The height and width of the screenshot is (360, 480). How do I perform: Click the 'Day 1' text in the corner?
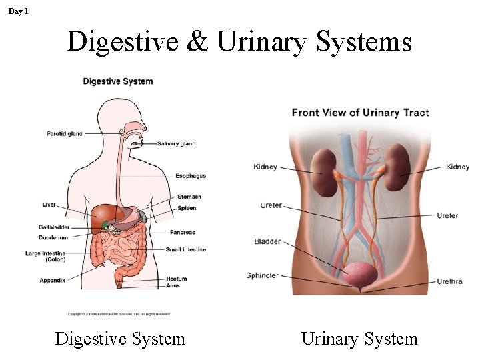tap(19, 11)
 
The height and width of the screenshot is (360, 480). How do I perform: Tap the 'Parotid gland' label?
tap(65, 134)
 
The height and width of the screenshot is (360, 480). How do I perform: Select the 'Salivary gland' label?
tap(177, 144)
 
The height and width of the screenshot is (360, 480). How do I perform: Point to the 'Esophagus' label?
tap(190, 176)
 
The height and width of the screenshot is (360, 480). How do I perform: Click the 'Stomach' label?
tap(189, 197)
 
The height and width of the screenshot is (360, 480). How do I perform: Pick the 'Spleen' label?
tap(187, 209)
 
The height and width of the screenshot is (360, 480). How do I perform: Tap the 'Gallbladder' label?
tap(54, 228)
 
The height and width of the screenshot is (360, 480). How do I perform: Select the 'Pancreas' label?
tap(182, 233)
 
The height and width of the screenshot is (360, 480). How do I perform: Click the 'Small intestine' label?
tap(185, 249)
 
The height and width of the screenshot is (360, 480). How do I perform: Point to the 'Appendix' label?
tap(53, 281)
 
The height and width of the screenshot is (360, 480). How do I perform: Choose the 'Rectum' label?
tap(177, 279)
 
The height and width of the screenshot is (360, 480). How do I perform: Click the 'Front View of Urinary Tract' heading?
tap(360, 113)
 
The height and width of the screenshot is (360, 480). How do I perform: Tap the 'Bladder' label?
tap(267, 241)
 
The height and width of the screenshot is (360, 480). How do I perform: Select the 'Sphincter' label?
tap(262, 275)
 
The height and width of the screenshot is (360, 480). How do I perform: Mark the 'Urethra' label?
tap(449, 282)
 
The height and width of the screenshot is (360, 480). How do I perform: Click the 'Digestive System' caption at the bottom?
tap(120, 339)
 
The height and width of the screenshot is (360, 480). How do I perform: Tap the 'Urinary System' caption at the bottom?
tap(359, 339)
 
